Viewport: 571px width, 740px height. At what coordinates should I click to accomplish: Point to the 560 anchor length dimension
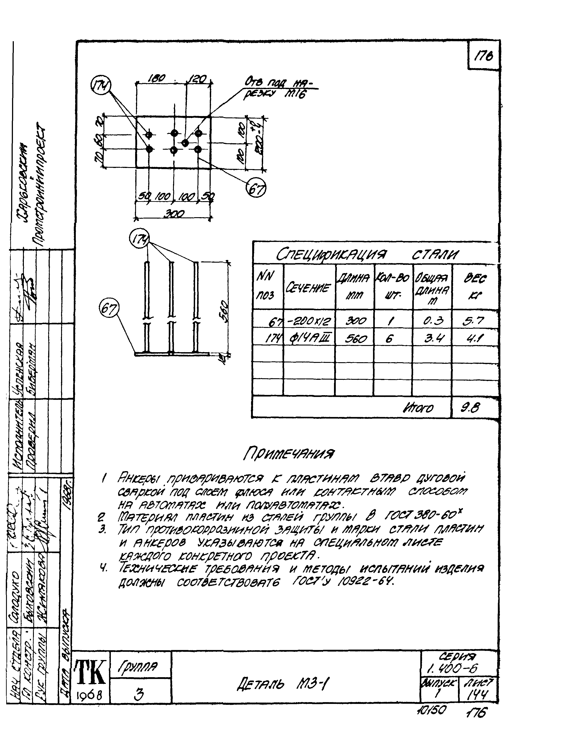coord(224,310)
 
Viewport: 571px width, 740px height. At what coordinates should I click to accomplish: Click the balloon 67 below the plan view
coord(256,188)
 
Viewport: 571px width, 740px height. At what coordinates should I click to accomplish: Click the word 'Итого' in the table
coord(418,408)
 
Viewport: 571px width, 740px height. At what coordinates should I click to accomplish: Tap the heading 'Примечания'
coord(289,453)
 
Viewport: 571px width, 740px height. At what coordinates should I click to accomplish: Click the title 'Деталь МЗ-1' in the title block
coord(283,684)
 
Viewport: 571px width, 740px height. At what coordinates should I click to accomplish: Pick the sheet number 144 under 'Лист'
coord(477,695)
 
